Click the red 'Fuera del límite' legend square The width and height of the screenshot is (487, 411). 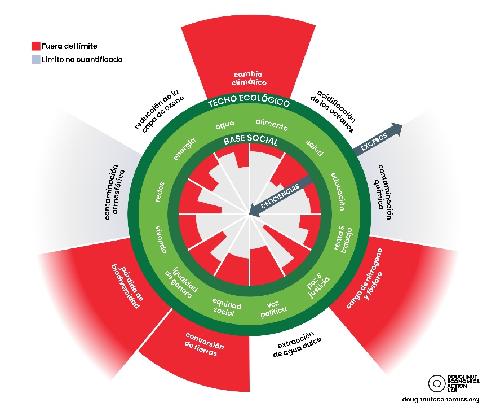click(x=36, y=46)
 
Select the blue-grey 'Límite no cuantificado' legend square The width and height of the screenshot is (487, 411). click(x=36, y=59)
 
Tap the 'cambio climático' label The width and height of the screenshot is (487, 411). click(x=249, y=78)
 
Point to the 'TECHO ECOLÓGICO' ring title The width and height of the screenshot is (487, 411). click(x=249, y=102)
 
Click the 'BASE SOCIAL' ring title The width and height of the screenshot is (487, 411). click(x=250, y=141)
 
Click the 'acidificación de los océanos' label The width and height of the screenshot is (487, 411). click(x=333, y=111)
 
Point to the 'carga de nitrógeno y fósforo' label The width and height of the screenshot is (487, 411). click(x=365, y=278)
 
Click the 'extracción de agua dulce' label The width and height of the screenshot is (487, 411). click(x=296, y=344)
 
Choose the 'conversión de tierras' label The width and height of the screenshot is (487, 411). click(x=203, y=344)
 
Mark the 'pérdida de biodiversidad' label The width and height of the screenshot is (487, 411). click(x=127, y=286)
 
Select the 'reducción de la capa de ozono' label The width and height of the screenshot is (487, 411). click(x=159, y=111)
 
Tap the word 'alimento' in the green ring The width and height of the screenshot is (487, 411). click(x=272, y=124)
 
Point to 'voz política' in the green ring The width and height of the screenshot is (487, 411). click(x=273, y=309)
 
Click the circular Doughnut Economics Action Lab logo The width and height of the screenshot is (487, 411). click(x=437, y=383)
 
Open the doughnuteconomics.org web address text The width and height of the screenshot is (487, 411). click(x=440, y=399)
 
